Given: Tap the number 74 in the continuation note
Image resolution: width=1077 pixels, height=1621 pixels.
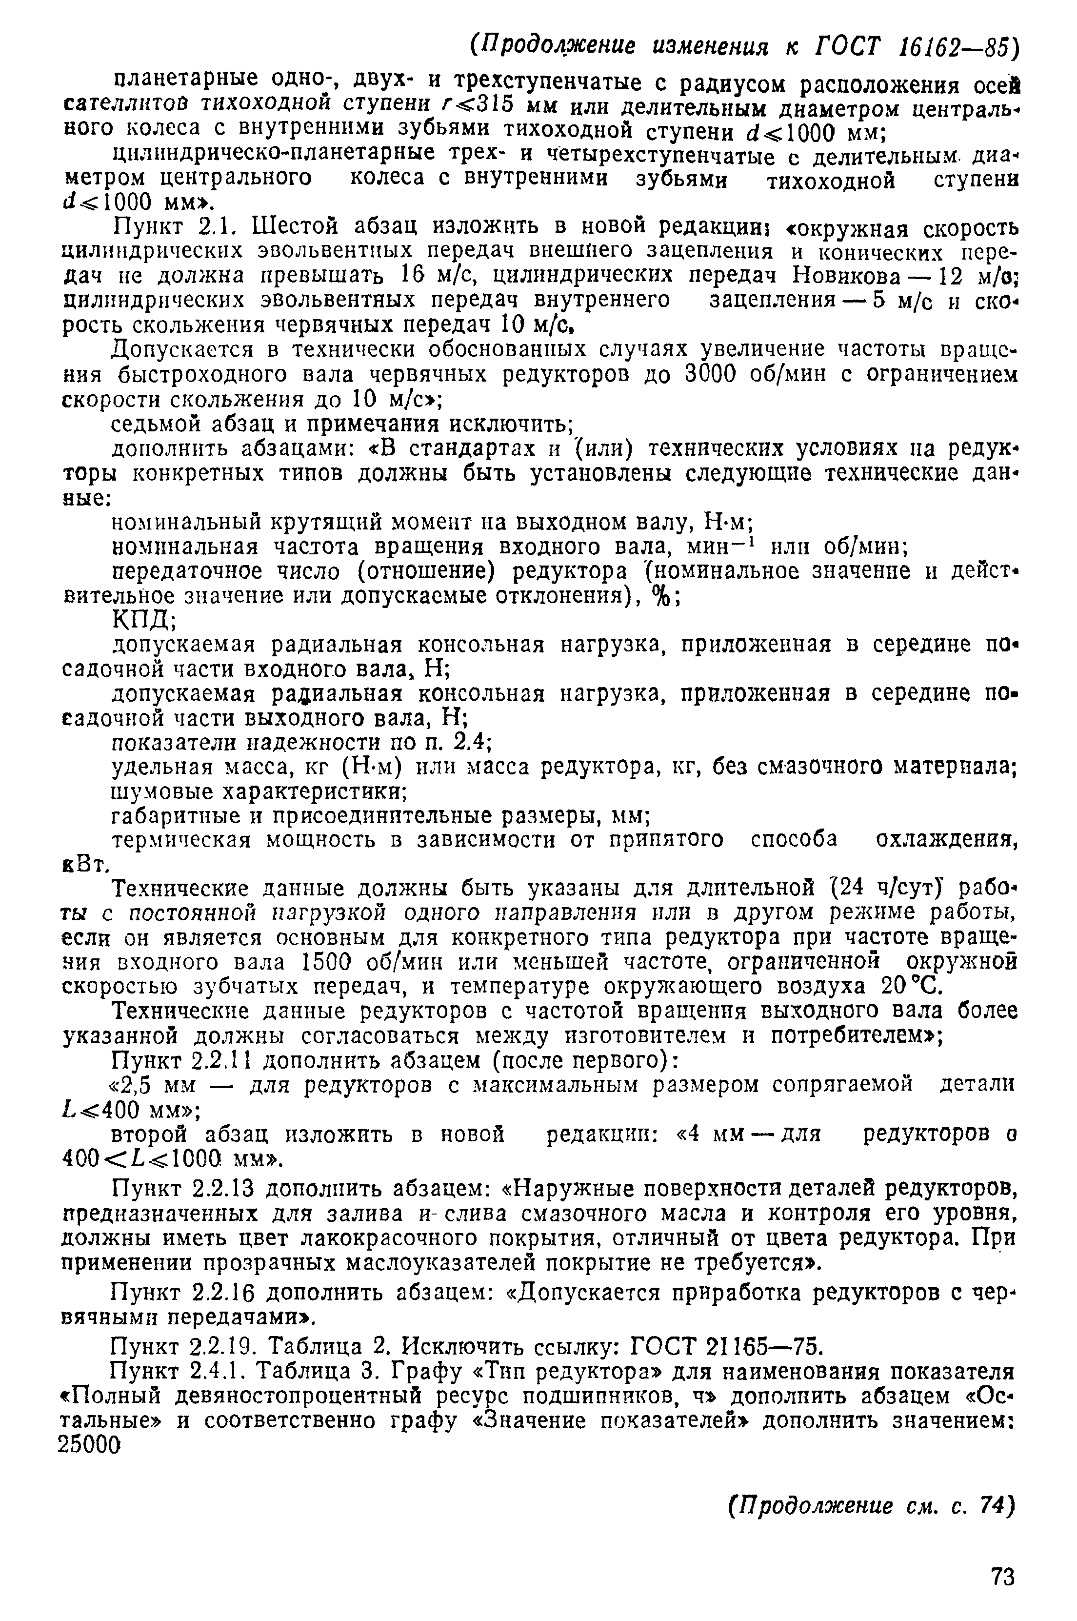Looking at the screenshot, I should pyautogui.click(x=990, y=1505).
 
